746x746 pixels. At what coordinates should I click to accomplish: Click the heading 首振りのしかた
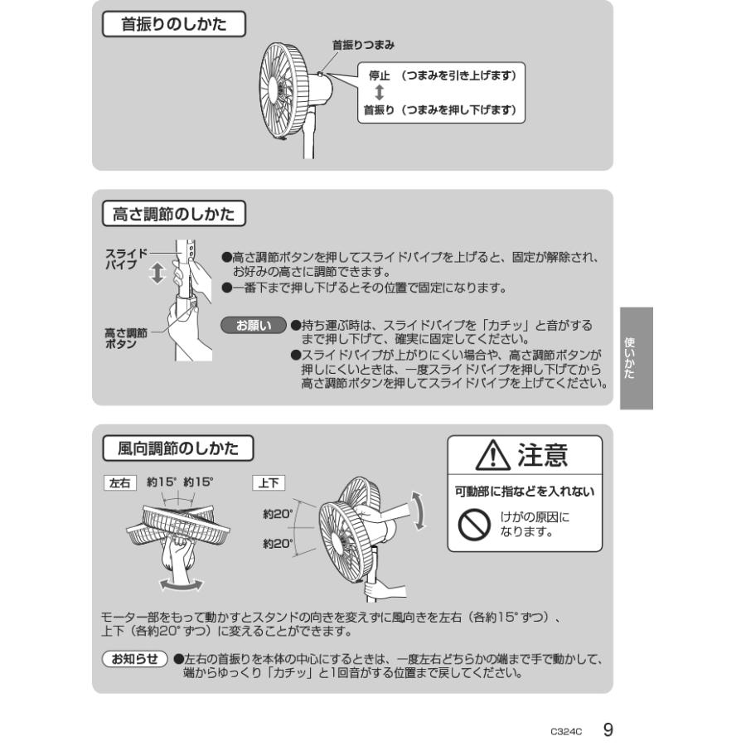tap(173, 25)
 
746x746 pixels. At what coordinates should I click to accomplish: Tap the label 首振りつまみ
tap(363, 45)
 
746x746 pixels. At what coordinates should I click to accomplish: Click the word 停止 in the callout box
tap(380, 75)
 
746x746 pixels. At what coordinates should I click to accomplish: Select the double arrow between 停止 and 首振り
tap(379, 92)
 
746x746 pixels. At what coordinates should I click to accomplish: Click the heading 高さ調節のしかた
tap(173, 215)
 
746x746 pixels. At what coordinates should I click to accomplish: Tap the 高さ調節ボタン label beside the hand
tap(125, 337)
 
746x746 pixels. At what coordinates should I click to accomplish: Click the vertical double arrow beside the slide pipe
tap(157, 274)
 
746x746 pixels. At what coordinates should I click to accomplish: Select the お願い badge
tap(254, 326)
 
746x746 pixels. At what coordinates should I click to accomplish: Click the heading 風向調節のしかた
tap(177, 449)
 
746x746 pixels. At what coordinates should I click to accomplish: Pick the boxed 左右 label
tap(119, 482)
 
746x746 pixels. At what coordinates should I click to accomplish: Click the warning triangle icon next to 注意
tap(495, 456)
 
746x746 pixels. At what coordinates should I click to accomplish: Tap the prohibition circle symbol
tap(475, 524)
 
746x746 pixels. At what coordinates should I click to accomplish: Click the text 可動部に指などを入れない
tap(525, 492)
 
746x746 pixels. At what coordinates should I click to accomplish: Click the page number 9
tap(608, 729)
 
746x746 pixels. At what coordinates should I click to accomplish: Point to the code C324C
tap(567, 732)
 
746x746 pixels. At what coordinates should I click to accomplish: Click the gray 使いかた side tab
tap(636, 358)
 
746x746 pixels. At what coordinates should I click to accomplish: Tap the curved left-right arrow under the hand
tap(182, 585)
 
